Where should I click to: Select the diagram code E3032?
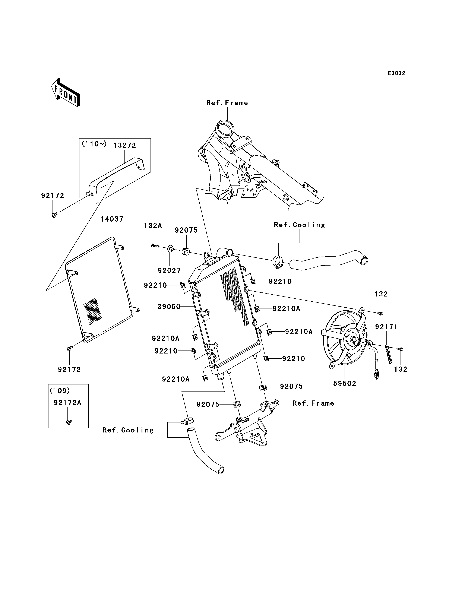(396, 73)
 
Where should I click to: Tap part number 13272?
(124, 145)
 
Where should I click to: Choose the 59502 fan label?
(345, 384)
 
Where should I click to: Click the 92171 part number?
(386, 327)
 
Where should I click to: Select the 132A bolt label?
(153, 226)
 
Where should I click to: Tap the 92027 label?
(169, 270)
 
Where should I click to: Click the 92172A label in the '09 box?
(67, 403)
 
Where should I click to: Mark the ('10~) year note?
(94, 144)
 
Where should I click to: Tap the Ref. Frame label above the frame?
(227, 103)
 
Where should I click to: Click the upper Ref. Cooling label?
(300, 225)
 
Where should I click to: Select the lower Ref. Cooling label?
(128, 430)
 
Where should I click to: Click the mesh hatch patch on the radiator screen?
(93, 311)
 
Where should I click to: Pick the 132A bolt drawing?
(155, 246)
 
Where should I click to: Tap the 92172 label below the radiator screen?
(69, 370)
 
